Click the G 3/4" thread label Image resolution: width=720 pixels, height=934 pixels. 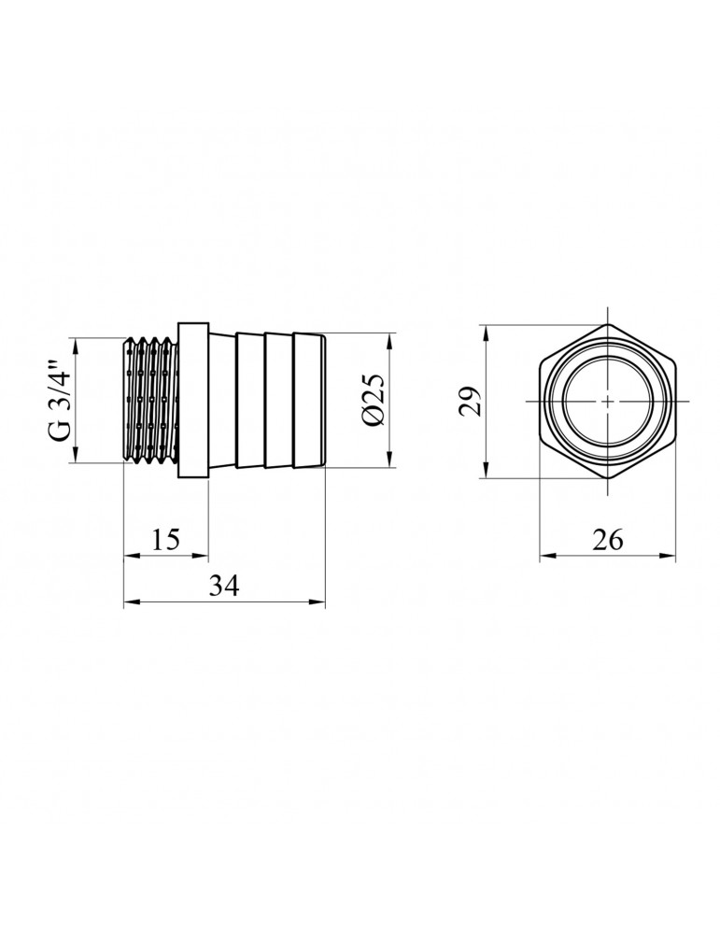[60, 401]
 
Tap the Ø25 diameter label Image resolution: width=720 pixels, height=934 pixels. [373, 401]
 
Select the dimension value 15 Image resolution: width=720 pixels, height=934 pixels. [165, 540]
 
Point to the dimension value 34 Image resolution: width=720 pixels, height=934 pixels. [224, 586]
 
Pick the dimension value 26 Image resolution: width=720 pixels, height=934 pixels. [607, 540]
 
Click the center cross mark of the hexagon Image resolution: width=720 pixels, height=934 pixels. [607, 401]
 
